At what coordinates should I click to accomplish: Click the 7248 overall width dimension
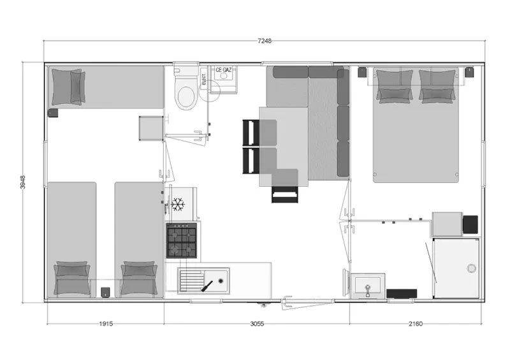[x=265, y=41]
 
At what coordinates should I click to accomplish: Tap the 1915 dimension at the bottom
[x=106, y=324]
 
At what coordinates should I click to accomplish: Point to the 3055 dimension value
[x=257, y=324]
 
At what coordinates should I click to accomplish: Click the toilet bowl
[x=186, y=97]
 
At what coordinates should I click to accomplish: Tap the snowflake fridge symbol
[x=178, y=205]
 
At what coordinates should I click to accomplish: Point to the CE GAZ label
[x=224, y=70]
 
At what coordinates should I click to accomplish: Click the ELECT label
[x=205, y=80]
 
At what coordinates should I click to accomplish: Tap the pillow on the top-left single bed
[x=68, y=86]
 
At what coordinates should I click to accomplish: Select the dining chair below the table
[x=285, y=194]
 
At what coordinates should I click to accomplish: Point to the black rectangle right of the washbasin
[x=402, y=294]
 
